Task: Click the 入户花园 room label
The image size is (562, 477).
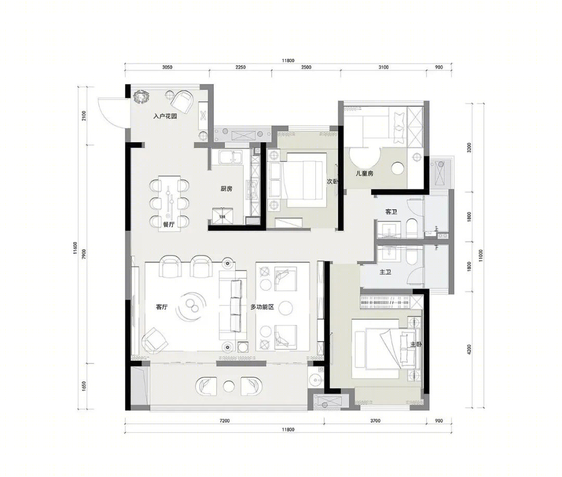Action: (x=165, y=116)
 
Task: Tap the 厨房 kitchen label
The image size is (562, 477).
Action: (x=226, y=189)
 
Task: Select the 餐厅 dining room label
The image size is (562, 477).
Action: (x=169, y=224)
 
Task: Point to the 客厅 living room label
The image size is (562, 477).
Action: (x=162, y=307)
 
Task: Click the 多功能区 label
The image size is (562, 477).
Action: (x=262, y=307)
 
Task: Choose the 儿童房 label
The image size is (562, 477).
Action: (x=364, y=173)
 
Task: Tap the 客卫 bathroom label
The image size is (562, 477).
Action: (x=391, y=212)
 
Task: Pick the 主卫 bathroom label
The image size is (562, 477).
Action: (x=385, y=272)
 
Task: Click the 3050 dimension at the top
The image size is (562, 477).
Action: (x=167, y=67)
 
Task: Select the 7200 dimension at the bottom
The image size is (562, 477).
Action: (x=224, y=421)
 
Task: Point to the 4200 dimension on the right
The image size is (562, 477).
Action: (x=469, y=350)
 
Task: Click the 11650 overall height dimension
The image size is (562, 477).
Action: (x=75, y=248)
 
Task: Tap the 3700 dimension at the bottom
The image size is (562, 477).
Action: (x=375, y=421)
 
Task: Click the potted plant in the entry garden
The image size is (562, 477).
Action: (x=141, y=97)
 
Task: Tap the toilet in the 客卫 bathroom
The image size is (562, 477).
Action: (x=412, y=229)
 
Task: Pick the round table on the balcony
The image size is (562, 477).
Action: (x=228, y=386)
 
